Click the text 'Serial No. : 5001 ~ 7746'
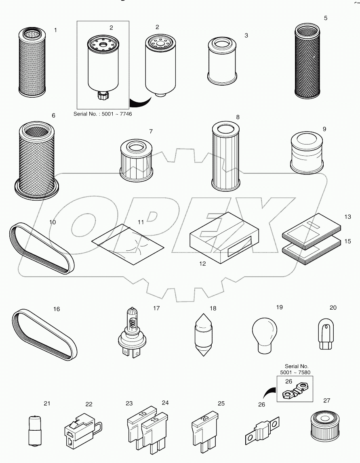click(103, 114)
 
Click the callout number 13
click(347, 217)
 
